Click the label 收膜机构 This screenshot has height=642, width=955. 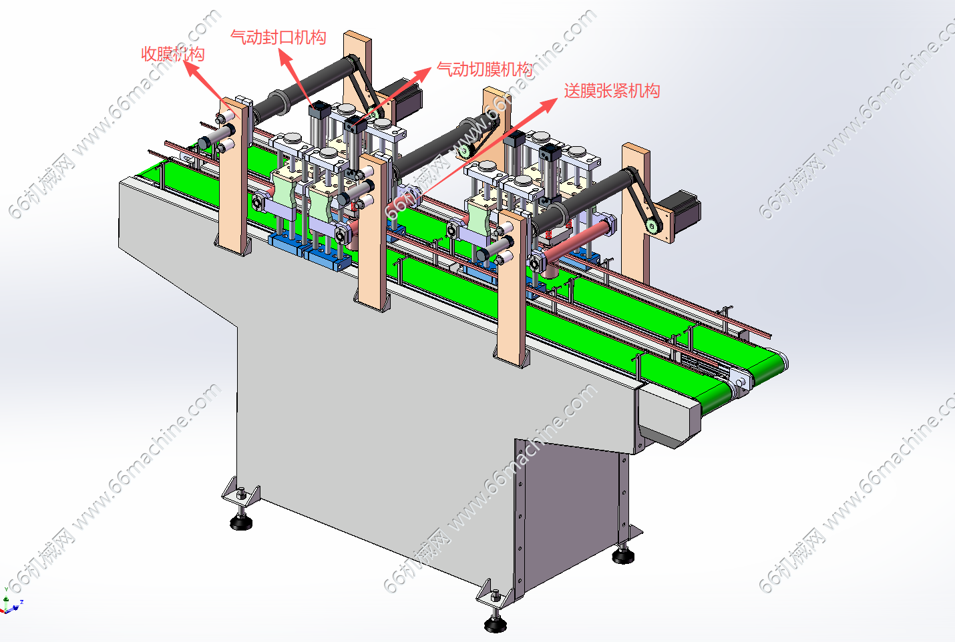tap(173, 54)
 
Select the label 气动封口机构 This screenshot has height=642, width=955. tap(278, 37)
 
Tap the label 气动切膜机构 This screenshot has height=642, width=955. tap(485, 69)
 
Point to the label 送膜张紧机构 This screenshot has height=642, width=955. tap(612, 91)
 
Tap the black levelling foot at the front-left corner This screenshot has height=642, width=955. tap(241, 521)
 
